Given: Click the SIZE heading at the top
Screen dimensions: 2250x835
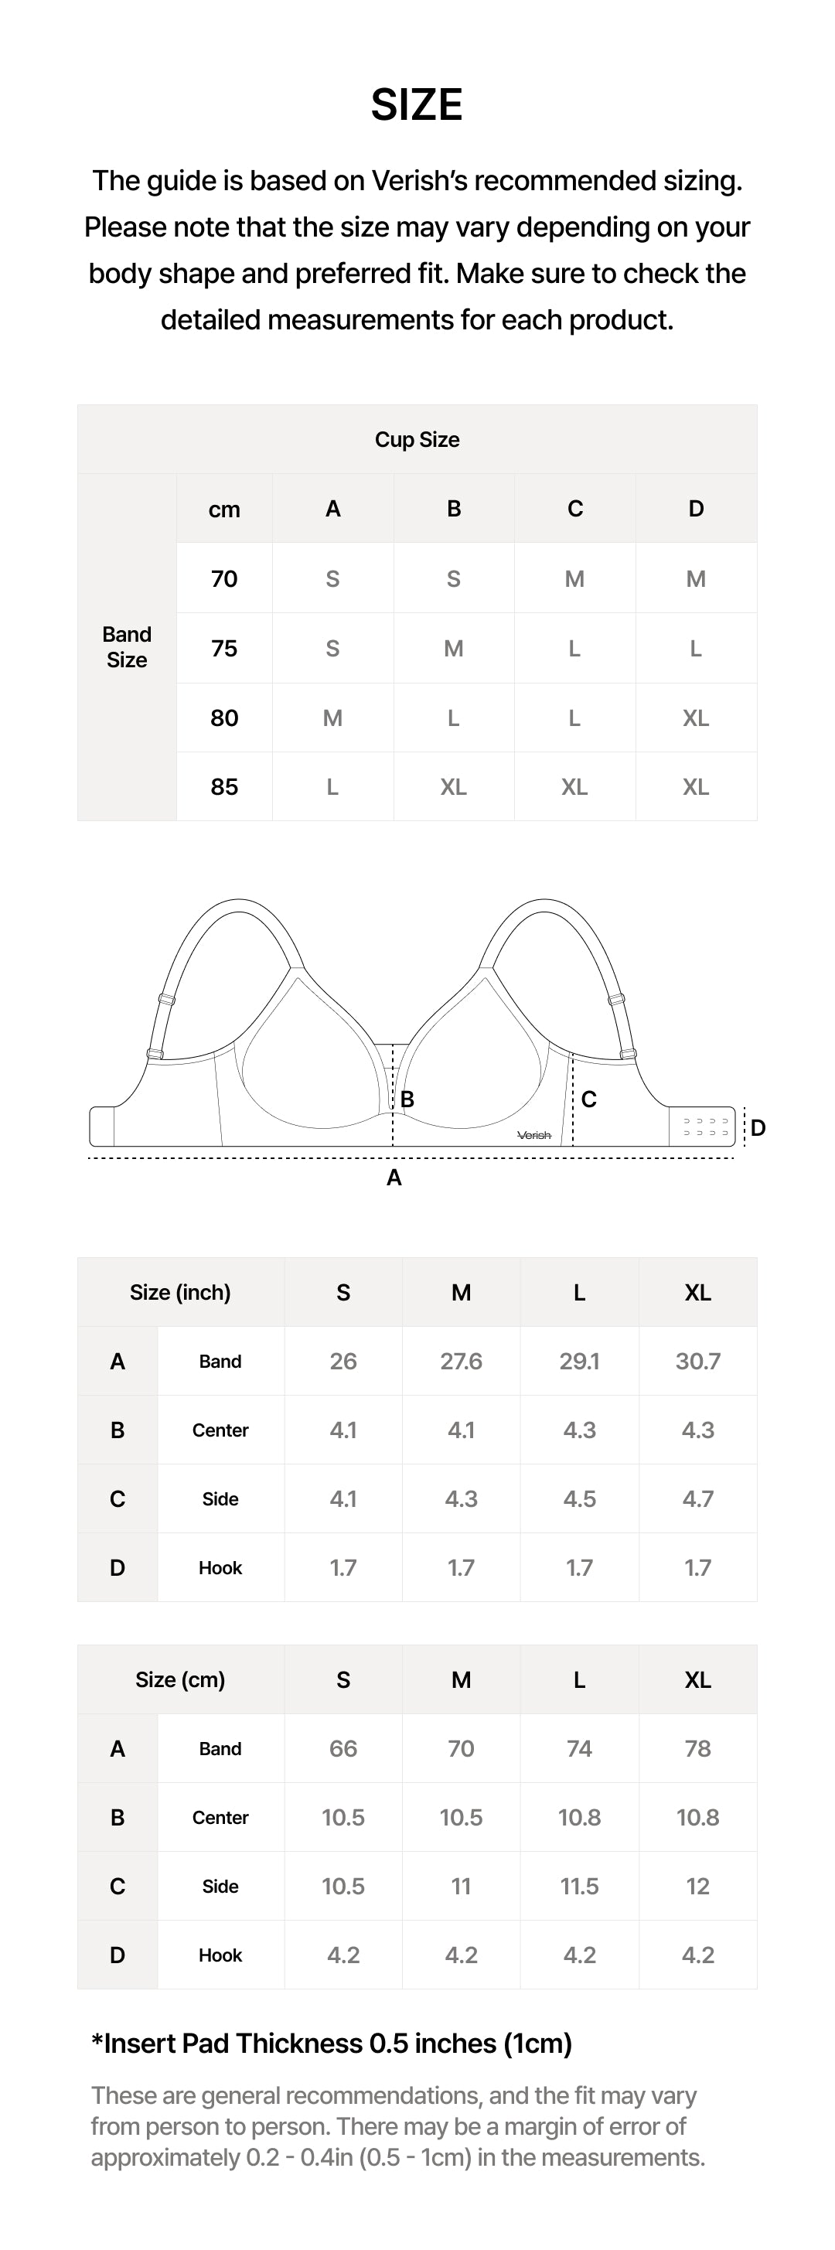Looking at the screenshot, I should [x=417, y=105].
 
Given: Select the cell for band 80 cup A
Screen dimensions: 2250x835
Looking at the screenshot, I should [x=332, y=718].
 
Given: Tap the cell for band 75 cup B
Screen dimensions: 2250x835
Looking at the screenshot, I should [x=453, y=648].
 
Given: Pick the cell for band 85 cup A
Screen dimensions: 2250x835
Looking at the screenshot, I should [x=332, y=787].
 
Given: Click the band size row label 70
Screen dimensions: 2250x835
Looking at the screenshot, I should [x=224, y=579].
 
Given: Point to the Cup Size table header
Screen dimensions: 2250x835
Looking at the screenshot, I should [x=417, y=439].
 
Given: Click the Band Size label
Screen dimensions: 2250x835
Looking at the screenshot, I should [x=127, y=647].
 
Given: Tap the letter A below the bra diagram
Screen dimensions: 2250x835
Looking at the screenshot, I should [x=394, y=1178].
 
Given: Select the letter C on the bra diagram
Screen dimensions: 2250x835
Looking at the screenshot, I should [x=588, y=1099].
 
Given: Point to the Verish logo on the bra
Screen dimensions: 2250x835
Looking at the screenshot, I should [x=534, y=1134].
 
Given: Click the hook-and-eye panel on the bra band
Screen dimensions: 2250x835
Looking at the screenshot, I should [x=706, y=1127].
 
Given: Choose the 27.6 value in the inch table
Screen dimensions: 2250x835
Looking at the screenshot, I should [x=461, y=1361].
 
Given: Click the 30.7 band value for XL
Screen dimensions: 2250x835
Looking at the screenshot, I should [x=698, y=1361].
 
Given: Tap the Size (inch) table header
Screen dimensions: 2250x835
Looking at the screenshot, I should [x=180, y=1293].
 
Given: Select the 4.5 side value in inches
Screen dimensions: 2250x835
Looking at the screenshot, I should [x=579, y=1498].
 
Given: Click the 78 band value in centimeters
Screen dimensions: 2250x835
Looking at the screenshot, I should [x=698, y=1749].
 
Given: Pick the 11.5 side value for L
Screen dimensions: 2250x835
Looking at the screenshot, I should [x=579, y=1887].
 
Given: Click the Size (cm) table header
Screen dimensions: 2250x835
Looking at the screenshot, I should [x=180, y=1679].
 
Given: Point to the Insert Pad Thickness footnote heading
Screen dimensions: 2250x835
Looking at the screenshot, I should [x=332, y=2044].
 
